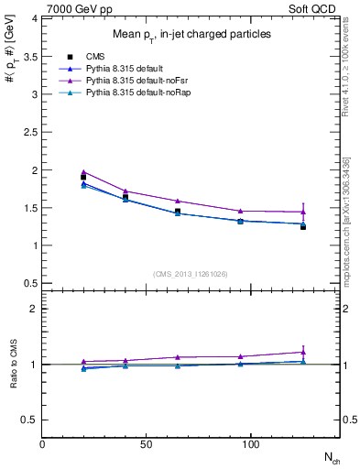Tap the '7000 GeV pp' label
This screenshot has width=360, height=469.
pyautogui.click(x=71, y=7)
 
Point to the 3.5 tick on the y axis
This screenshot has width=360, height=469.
pyautogui.click(x=32, y=56)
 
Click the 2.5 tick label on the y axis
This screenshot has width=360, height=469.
pyautogui.click(x=32, y=132)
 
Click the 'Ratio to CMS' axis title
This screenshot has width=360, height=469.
pyautogui.click(x=14, y=364)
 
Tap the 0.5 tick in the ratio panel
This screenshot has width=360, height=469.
pyautogui.click(x=32, y=420)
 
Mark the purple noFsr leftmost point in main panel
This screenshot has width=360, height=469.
pyautogui.click(x=83, y=171)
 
